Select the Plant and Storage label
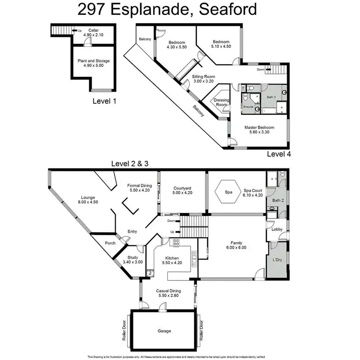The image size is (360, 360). (x=93, y=61)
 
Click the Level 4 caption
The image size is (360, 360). (x=278, y=154)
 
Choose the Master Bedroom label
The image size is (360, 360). (x=258, y=128)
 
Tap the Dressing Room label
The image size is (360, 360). (x=221, y=102)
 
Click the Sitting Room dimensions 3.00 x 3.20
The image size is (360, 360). (x=204, y=82)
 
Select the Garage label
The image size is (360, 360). (x=164, y=331)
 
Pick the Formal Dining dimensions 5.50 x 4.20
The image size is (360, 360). (x=140, y=191)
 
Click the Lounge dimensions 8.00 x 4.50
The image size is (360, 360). (x=87, y=202)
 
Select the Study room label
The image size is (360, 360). (x=133, y=257)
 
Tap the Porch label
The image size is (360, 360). (x=110, y=243)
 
